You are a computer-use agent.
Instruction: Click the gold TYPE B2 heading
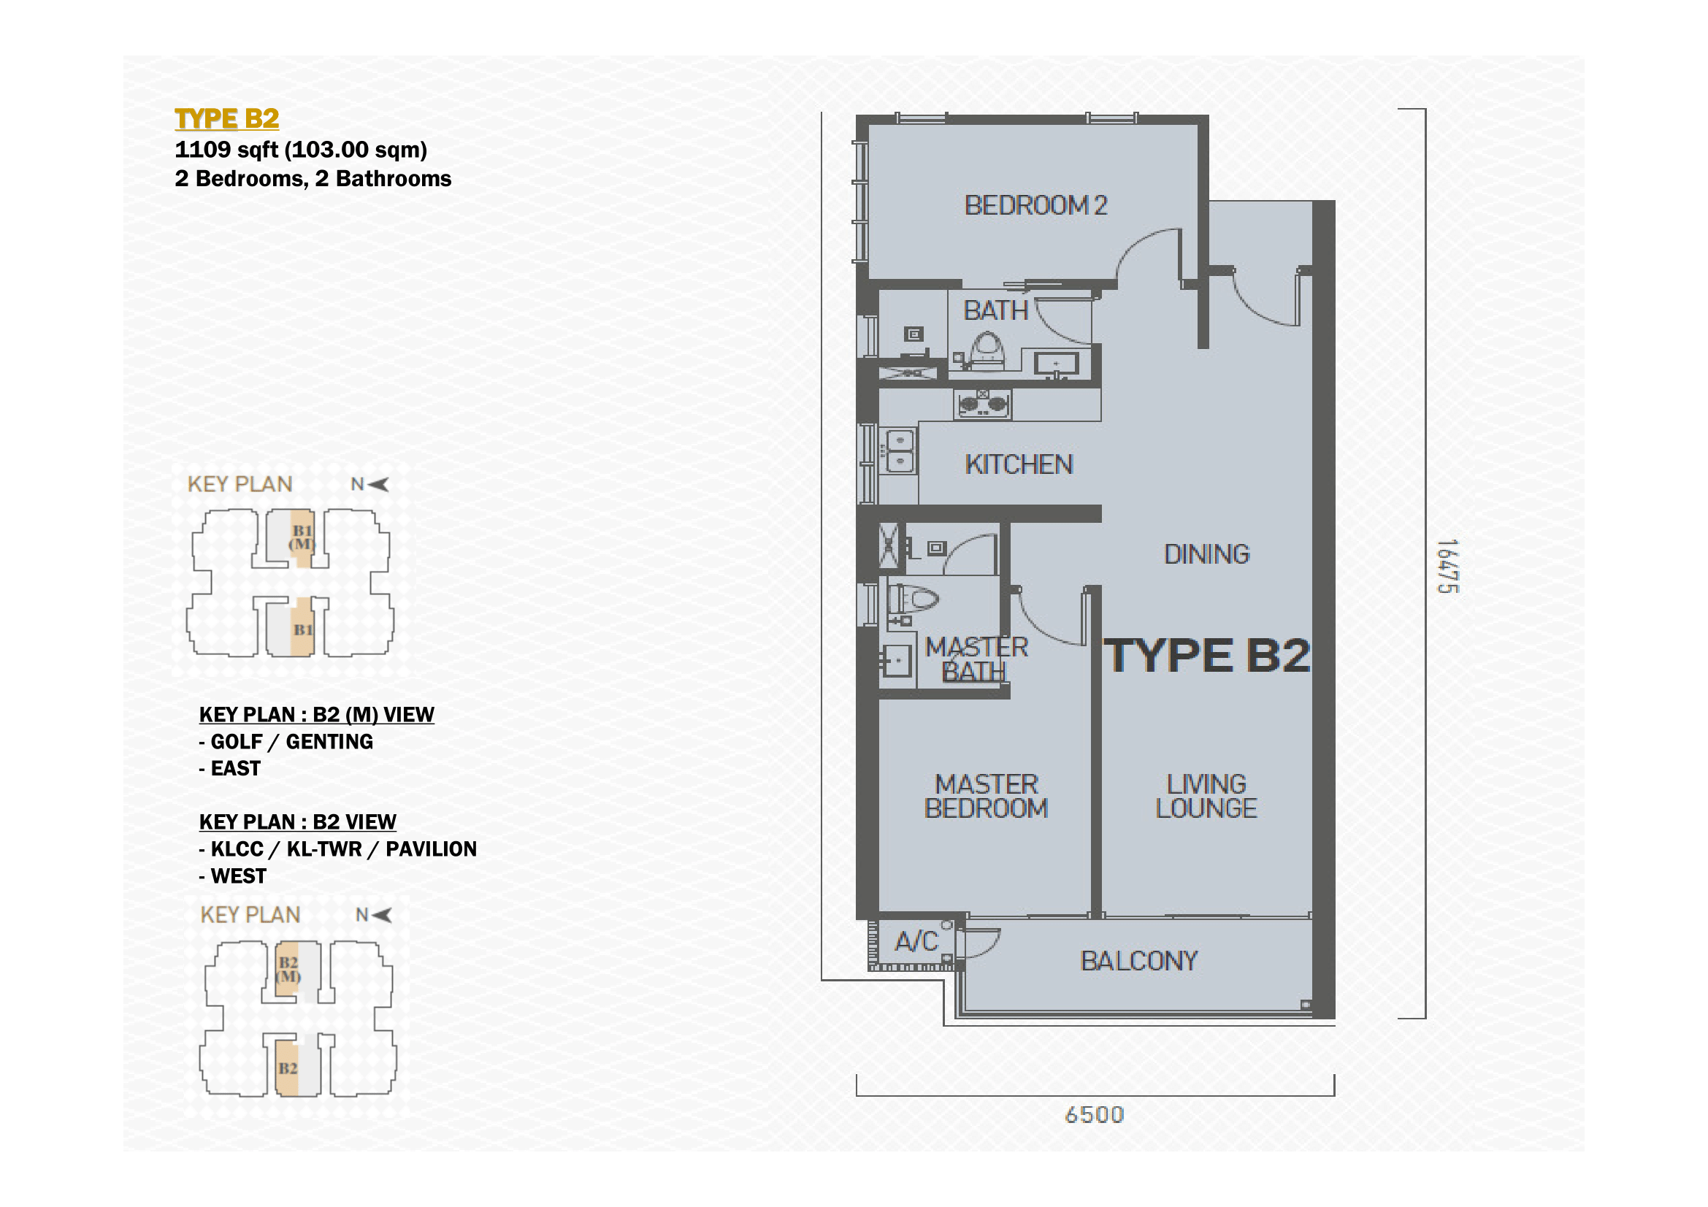(226, 118)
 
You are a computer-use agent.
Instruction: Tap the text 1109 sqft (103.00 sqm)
(301, 150)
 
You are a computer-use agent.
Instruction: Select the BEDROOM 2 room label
(1035, 205)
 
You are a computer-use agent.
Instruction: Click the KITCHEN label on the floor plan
(1019, 465)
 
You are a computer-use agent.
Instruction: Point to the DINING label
(1206, 555)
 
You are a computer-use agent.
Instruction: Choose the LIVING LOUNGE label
(1205, 797)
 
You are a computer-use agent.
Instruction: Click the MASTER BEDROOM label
(986, 797)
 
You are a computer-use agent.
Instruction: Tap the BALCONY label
(1139, 962)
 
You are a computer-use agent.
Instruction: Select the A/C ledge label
(916, 942)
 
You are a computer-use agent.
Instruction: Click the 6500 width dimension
(1094, 1115)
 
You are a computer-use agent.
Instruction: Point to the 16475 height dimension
(1447, 567)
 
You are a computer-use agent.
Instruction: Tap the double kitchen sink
(900, 451)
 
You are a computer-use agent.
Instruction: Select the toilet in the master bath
(913, 599)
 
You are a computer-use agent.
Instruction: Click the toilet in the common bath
(987, 352)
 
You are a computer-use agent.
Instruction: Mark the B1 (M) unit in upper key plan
(302, 537)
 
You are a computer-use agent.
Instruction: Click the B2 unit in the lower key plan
(287, 1069)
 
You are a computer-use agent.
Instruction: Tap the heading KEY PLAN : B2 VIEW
(297, 821)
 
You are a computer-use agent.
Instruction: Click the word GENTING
(329, 741)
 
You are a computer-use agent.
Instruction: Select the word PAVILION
(431, 849)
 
